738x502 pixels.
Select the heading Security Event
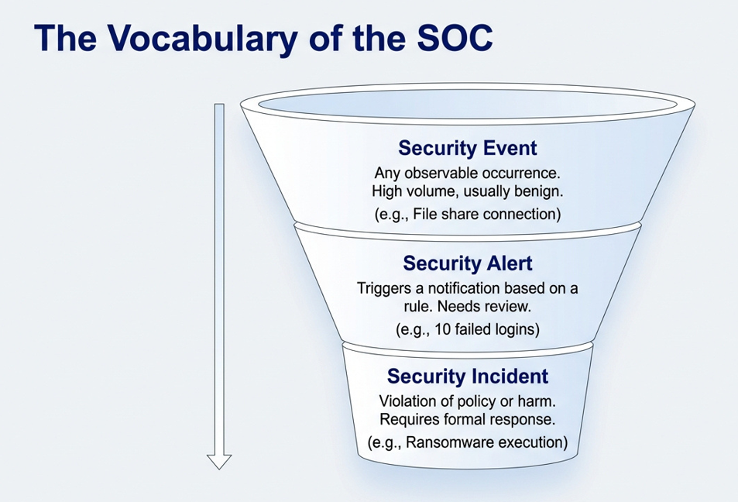coord(467,147)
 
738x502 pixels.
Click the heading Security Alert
coord(467,263)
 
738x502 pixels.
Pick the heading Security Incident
coord(467,376)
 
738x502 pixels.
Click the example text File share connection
coord(475,214)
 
